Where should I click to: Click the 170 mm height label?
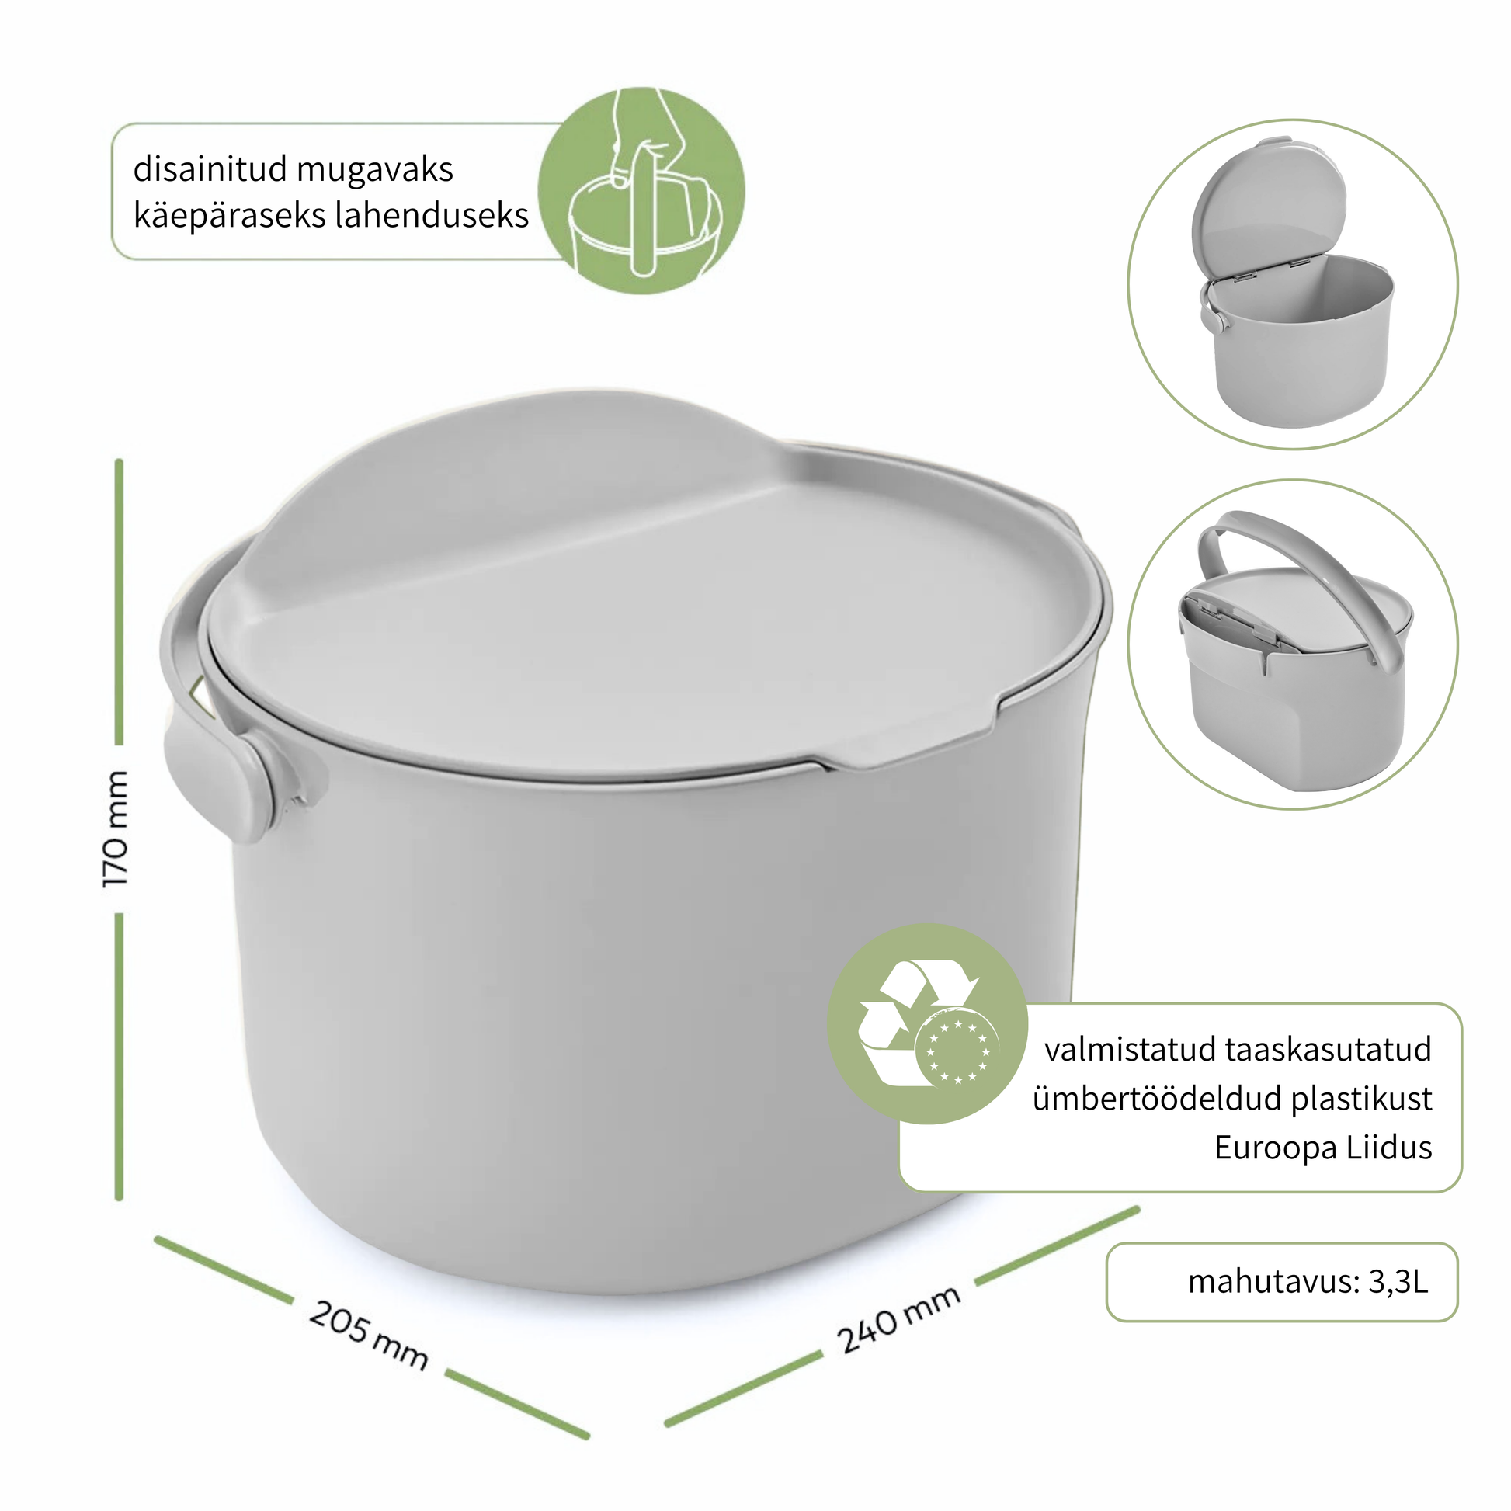pyautogui.click(x=116, y=829)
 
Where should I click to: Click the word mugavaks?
pyautogui.click(x=374, y=170)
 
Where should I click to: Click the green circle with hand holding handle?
pyautogui.click(x=641, y=191)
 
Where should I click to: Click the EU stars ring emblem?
pyautogui.click(x=957, y=1052)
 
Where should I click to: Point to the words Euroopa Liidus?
pyautogui.click(x=1323, y=1148)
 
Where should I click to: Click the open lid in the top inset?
pyautogui.click(x=1269, y=210)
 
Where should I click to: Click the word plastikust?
pyautogui.click(x=1362, y=1099)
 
